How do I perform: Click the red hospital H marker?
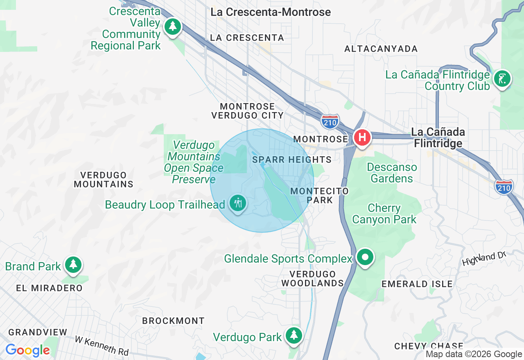362,137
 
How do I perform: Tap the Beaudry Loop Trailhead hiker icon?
237,202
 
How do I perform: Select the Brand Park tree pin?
74,264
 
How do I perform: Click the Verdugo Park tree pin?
294,335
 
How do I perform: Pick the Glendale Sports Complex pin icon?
365,257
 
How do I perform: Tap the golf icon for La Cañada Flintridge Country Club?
502,78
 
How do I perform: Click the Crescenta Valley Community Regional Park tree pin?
173,27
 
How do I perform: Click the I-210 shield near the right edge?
504,187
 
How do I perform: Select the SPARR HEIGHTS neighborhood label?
292,160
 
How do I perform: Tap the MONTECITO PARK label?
320,196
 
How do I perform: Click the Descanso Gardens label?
392,173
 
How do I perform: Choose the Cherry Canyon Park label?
384,214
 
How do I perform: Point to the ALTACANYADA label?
381,49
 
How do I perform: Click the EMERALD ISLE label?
417,284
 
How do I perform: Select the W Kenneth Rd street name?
102,346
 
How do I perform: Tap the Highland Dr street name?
484,259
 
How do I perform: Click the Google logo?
27,351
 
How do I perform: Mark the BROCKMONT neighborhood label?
173,321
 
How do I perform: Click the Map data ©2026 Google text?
474,354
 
